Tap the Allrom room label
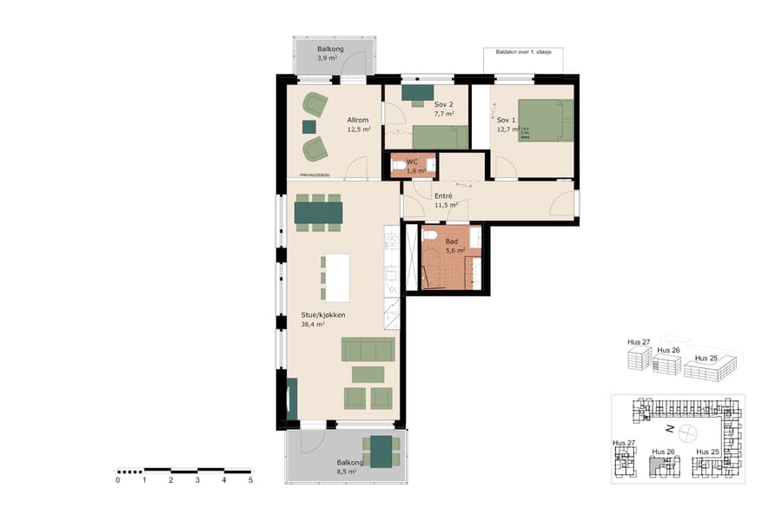(x=359, y=120)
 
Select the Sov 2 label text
(x=444, y=104)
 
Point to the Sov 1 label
(x=506, y=120)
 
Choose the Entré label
(x=444, y=196)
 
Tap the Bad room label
(x=452, y=241)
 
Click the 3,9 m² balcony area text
(x=327, y=59)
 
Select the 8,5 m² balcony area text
(x=347, y=472)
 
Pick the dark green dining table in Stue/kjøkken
(x=318, y=212)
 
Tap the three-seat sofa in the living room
(x=368, y=350)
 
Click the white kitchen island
(x=337, y=277)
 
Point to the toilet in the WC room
(x=399, y=165)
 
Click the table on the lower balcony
(x=381, y=452)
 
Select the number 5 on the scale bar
(x=250, y=479)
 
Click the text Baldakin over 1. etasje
(x=523, y=52)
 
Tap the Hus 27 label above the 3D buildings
(x=638, y=342)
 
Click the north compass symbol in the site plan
(x=687, y=431)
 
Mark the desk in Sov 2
(x=419, y=92)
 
